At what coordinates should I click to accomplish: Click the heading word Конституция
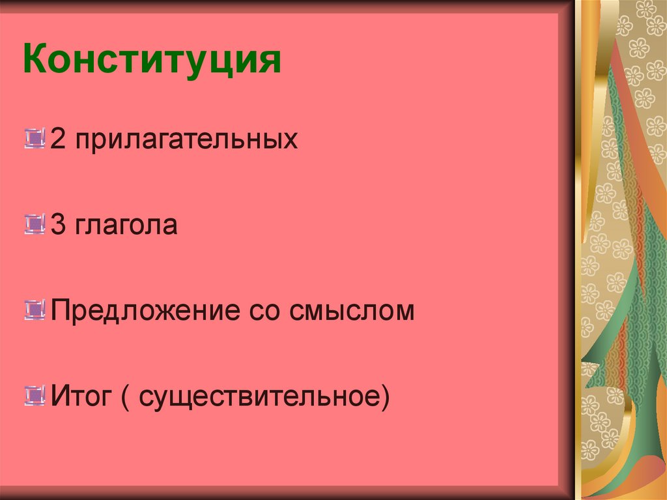pos(152,61)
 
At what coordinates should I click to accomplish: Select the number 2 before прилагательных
pos(58,140)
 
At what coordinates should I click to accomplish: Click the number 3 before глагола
pos(58,225)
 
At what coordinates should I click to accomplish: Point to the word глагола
pos(126,226)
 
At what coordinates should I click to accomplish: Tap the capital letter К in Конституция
pos(35,61)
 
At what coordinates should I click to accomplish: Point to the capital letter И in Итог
pos(60,394)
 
